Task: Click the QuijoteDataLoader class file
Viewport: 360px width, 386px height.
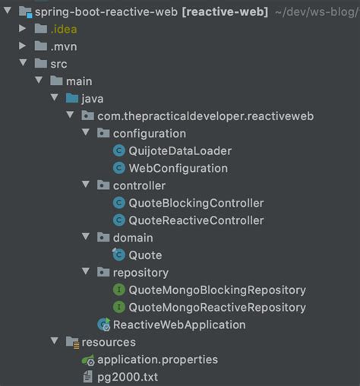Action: pos(180,150)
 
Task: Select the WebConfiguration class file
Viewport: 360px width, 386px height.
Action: pos(178,168)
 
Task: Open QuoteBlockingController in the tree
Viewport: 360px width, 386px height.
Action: pos(196,203)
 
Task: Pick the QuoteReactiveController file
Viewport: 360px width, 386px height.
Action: pos(196,220)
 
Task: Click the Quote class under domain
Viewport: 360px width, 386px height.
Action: pos(145,255)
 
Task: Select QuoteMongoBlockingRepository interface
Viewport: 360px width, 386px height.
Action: pos(217,289)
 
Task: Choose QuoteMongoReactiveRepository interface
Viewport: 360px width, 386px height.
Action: pos(217,307)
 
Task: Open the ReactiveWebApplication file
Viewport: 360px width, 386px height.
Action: pos(179,324)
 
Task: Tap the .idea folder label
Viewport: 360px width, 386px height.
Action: pos(64,29)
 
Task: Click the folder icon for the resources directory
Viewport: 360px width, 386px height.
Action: pos(71,342)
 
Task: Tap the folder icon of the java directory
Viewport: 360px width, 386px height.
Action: pos(72,99)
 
